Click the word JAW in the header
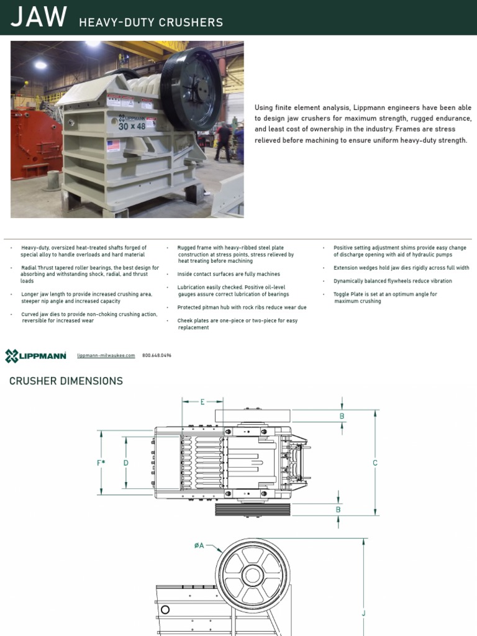[39, 18]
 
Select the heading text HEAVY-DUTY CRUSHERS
[150, 22]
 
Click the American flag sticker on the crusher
[113, 145]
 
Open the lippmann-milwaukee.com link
[106, 356]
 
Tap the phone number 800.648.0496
[157, 356]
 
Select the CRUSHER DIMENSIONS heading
[66, 381]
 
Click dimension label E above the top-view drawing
[202, 402]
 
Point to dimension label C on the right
[375, 463]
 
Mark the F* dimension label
[101, 463]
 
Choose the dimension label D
[126, 463]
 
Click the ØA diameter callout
[199, 545]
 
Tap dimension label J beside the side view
[364, 613]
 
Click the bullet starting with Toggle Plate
[385, 298]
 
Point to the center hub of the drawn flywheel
[253, 575]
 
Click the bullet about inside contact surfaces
[229, 274]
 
